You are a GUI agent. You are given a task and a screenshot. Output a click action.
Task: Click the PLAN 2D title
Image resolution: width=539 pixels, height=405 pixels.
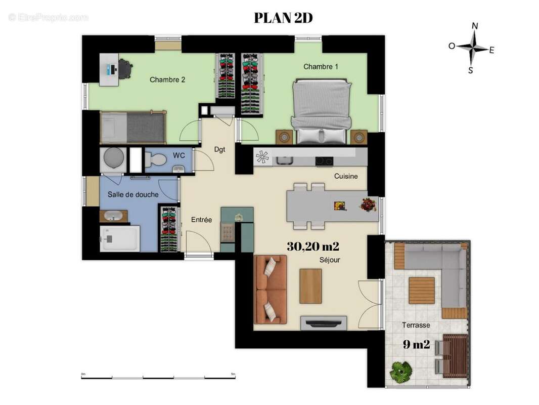283,18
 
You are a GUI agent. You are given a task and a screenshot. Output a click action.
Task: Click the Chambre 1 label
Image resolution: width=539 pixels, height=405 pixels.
318,67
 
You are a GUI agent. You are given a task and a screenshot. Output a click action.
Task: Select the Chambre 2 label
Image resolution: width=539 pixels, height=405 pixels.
167,79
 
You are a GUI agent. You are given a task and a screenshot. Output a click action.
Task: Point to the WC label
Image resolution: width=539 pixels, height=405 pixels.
178,155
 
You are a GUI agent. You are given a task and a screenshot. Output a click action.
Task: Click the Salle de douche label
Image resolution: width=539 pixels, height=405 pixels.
133,194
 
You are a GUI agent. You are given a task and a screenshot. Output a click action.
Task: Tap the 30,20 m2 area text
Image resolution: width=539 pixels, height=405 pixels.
312,247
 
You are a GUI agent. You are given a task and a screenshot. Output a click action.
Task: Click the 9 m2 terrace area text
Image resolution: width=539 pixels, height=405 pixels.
416,345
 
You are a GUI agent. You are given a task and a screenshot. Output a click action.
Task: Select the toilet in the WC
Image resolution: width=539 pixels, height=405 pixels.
156,160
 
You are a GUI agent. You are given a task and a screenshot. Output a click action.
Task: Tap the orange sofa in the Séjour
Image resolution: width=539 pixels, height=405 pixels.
270,289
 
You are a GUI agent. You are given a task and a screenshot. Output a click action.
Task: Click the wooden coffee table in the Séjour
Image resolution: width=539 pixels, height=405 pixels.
310,286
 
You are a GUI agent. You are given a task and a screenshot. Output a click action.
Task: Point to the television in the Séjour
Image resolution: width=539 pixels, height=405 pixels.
324,322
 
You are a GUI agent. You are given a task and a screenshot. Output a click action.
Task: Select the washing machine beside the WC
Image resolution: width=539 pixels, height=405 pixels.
113,160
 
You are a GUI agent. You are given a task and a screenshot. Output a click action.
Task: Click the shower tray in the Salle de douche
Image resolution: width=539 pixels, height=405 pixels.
120,238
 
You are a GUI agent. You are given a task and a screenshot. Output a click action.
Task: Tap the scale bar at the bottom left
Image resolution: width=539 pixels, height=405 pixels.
158,376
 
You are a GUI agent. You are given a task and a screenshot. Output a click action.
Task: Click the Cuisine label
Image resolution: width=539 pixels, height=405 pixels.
346,176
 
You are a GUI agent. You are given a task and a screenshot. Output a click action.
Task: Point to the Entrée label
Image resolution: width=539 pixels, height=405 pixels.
201,220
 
